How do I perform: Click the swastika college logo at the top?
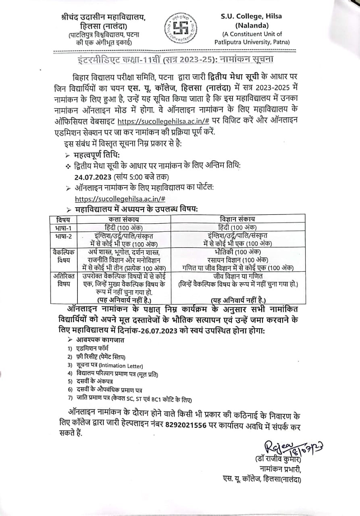180,28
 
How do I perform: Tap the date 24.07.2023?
93,177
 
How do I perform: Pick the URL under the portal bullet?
120,199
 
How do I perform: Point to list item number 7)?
70,398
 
